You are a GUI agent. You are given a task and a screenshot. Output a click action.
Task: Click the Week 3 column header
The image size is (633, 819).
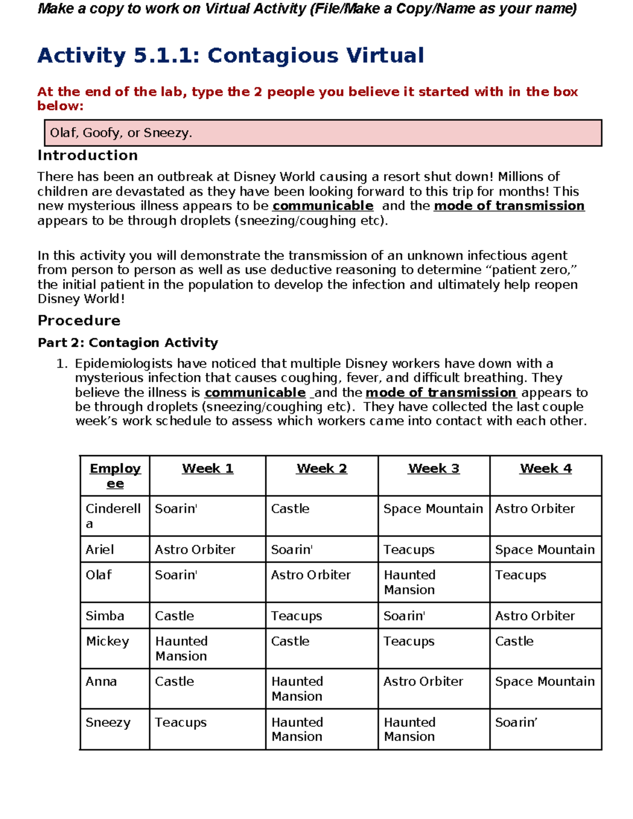click(434, 468)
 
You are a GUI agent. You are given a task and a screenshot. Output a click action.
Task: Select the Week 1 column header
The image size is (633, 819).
click(207, 468)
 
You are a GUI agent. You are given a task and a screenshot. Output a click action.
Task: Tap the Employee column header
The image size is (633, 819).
click(115, 476)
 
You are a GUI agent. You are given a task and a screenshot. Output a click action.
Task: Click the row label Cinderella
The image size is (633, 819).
click(113, 516)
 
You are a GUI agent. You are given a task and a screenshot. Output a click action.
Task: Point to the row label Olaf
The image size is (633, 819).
click(99, 575)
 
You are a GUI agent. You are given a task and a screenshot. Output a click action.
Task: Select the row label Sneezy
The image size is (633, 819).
click(108, 722)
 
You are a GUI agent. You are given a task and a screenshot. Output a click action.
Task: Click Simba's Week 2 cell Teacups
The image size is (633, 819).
click(296, 616)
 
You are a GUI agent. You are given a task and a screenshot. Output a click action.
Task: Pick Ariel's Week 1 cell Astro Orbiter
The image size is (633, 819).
click(195, 550)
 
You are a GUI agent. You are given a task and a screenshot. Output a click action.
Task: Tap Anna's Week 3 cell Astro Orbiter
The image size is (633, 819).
click(423, 681)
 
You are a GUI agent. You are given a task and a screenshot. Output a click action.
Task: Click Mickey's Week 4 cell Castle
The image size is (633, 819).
click(514, 641)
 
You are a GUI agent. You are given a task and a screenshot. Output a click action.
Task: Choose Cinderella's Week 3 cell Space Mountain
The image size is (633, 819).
click(433, 509)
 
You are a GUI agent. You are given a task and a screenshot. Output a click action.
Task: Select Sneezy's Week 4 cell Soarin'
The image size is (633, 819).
click(516, 722)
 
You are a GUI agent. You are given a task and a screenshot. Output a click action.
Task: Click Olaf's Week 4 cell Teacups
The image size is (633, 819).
click(521, 575)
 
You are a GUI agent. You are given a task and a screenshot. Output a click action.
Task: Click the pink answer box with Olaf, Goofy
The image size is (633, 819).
click(323, 133)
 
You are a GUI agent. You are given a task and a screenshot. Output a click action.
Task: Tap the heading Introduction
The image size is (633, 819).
click(88, 156)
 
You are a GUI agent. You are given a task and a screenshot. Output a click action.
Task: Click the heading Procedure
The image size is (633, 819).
click(79, 321)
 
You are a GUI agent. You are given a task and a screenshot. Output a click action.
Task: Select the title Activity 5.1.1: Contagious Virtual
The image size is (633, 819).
click(231, 55)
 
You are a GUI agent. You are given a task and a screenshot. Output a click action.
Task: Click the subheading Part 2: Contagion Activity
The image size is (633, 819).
click(128, 343)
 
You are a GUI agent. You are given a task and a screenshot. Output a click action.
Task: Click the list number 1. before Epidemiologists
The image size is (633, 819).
click(62, 364)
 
